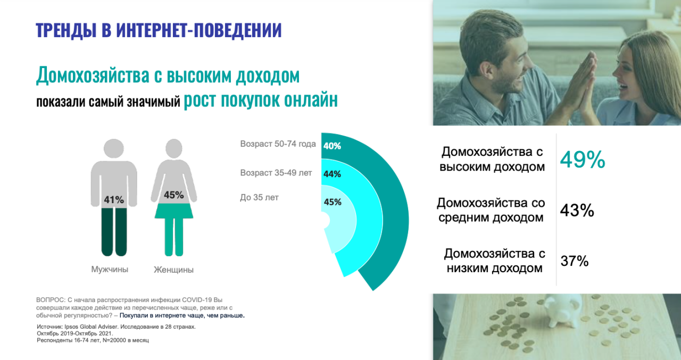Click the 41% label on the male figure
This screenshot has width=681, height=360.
pos(114,199)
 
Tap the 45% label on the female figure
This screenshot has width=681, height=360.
pos(173,195)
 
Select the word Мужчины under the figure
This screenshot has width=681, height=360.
pos(110,269)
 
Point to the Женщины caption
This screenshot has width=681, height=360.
pos(173,270)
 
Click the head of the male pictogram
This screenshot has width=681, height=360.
pos(114,148)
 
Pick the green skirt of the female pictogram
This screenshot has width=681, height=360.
pos(174,211)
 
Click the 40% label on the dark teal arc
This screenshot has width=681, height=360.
pos(332,146)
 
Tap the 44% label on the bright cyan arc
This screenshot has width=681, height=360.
pos(332,174)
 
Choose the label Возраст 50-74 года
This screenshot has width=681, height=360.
pos(278,144)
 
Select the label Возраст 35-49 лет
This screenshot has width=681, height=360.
pos(276,173)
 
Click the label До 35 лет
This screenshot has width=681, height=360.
pos(259,197)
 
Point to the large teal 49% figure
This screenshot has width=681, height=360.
pos(583,160)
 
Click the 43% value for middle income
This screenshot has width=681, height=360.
pos(577,210)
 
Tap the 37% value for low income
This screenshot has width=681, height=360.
pos(575,261)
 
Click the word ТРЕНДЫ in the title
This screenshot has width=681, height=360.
pos(64,30)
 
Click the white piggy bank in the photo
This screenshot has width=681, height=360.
pos(562,310)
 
